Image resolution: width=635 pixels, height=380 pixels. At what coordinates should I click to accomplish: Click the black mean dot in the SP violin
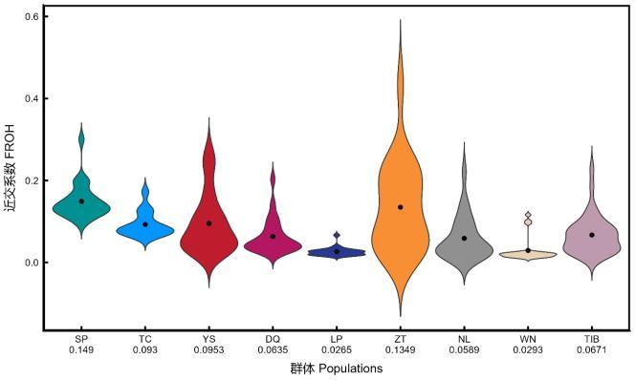(x=81, y=201)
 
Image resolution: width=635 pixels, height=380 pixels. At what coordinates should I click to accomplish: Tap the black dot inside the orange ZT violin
(x=400, y=207)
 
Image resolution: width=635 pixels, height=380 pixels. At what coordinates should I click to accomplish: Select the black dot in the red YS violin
(x=209, y=223)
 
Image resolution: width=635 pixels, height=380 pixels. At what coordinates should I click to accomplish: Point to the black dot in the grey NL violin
(x=464, y=238)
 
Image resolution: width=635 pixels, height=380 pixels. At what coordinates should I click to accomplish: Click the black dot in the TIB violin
(x=592, y=235)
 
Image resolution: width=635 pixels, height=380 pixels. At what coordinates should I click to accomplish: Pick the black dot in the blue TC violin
(x=145, y=224)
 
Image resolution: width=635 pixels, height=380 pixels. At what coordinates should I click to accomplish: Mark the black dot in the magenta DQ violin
(x=273, y=236)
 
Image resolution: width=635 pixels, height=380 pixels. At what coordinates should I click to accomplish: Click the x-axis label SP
(x=81, y=339)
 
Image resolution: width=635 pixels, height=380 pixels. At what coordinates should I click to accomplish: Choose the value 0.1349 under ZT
(x=400, y=349)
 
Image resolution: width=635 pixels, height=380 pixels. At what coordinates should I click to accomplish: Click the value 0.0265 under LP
(x=337, y=349)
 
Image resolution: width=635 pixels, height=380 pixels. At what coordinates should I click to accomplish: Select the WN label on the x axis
(x=528, y=339)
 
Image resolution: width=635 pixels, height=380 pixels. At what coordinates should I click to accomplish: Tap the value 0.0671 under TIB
(x=592, y=349)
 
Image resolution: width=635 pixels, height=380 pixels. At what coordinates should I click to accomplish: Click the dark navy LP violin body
(x=337, y=252)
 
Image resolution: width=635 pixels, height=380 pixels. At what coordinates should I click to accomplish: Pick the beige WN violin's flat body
(x=528, y=255)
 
